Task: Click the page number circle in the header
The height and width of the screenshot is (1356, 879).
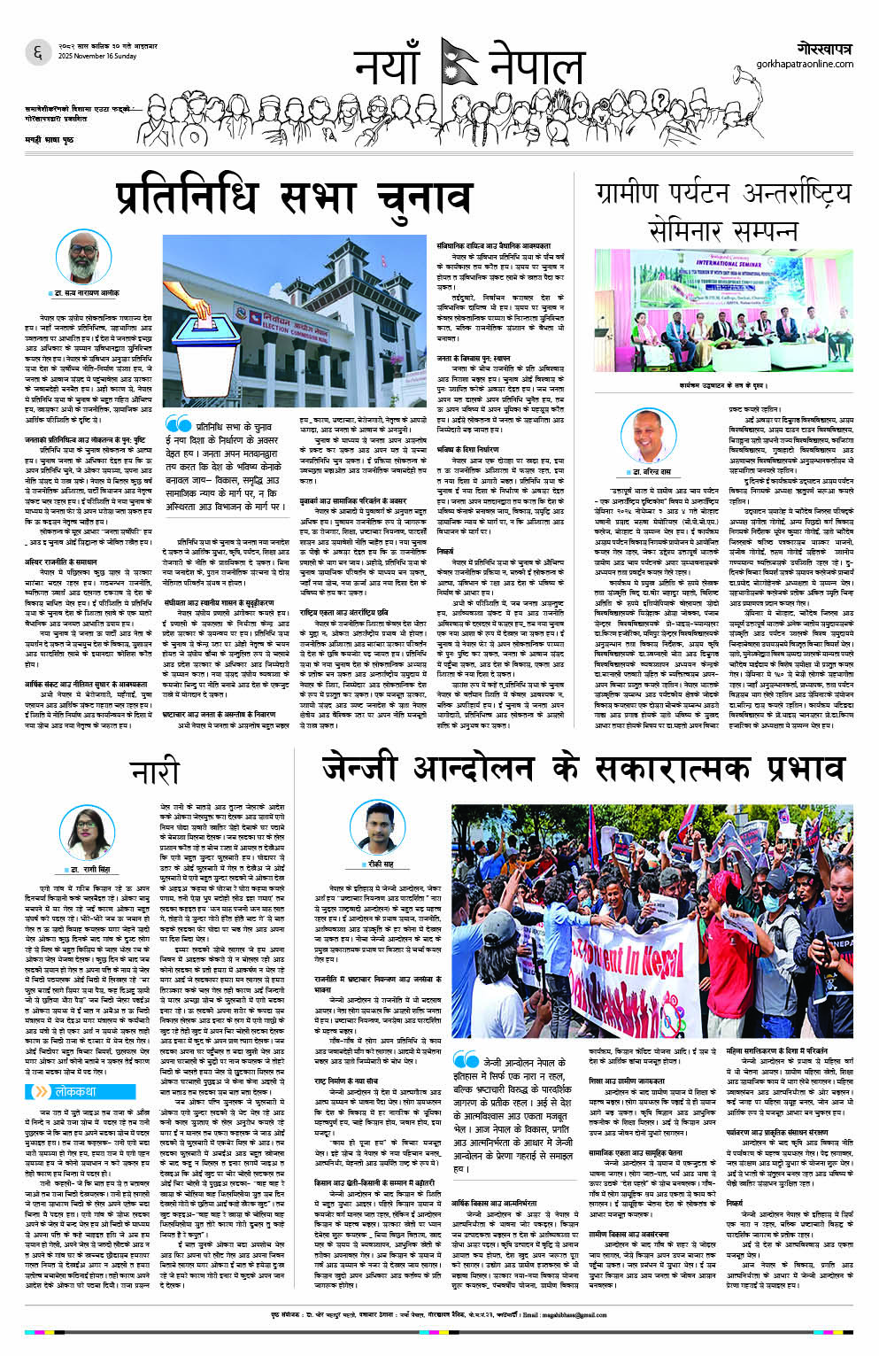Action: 37,53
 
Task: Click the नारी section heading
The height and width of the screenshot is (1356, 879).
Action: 156,772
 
